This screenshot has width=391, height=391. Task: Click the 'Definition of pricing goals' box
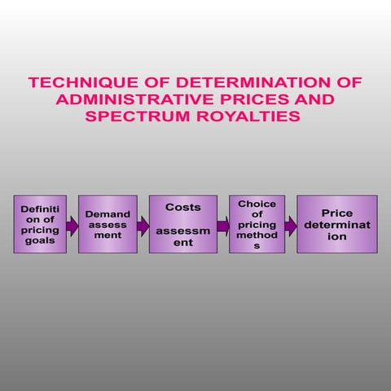click(x=40, y=224)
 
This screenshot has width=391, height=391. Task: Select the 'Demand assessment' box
click(x=108, y=224)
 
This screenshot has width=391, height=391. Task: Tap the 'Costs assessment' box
click(x=182, y=224)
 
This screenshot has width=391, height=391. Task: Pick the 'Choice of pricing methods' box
click(x=257, y=224)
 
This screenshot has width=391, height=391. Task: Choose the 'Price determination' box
click(x=336, y=224)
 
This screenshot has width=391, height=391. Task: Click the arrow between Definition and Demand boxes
click(x=72, y=225)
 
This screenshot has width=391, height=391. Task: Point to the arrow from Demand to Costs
click(x=143, y=225)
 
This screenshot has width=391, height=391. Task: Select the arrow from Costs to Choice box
click(x=222, y=225)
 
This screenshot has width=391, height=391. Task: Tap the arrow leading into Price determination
click(x=290, y=225)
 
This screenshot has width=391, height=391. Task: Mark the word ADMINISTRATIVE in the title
click(x=127, y=99)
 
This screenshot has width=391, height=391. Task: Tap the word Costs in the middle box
click(x=182, y=208)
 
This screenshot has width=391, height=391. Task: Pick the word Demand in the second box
click(x=108, y=213)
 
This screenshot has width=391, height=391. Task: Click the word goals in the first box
click(x=40, y=240)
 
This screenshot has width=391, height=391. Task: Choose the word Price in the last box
click(x=336, y=213)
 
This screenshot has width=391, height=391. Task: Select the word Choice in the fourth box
click(x=257, y=203)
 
